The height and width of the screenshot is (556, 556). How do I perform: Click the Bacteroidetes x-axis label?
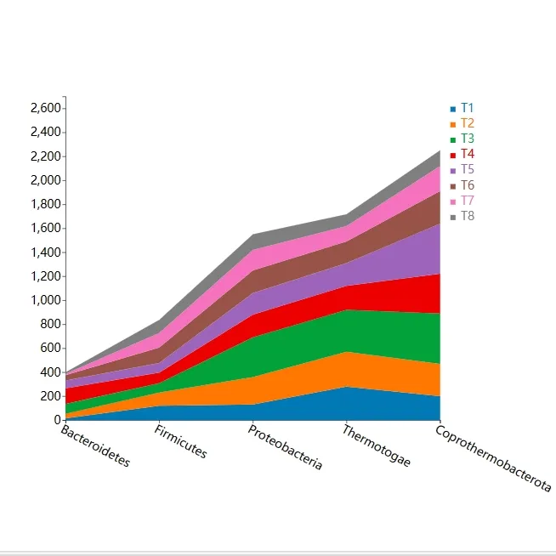tap(95, 446)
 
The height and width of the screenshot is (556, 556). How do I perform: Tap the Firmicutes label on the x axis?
tap(180, 442)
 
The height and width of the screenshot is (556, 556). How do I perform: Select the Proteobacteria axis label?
tap(285, 448)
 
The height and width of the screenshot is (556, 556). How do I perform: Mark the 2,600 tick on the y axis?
tap(45, 109)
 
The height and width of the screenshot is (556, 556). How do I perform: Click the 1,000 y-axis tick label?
tap(45, 300)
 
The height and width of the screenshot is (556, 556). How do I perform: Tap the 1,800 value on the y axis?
tap(45, 205)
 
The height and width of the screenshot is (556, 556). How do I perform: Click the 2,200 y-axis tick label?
tap(45, 156)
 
